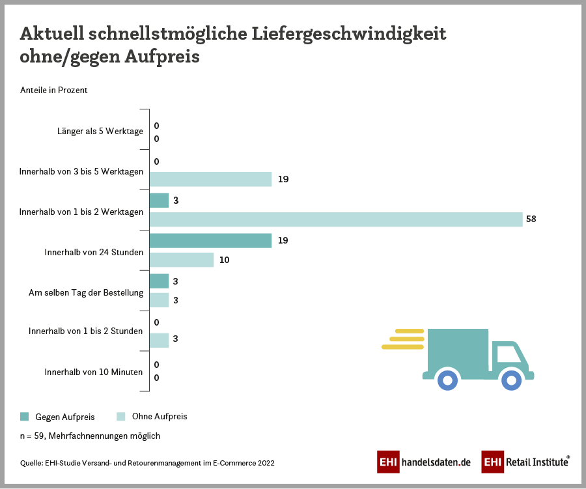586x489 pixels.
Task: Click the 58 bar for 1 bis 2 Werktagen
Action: pos(336,219)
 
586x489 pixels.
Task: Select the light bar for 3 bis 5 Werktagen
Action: pos(210,179)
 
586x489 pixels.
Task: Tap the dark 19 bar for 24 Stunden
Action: pos(210,240)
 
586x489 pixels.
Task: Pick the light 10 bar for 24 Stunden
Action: pos(182,260)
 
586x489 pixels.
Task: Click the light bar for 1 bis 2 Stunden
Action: pos(160,340)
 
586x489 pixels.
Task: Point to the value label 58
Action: pos(531,219)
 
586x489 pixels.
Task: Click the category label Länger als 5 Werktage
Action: pos(100,132)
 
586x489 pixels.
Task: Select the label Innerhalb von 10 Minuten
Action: pos(94,372)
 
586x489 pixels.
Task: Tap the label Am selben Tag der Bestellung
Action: pos(86,292)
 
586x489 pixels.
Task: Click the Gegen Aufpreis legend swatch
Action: pos(25,416)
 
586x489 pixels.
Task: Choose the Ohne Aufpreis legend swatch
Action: pos(120,416)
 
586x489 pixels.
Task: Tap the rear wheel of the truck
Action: pos(447,379)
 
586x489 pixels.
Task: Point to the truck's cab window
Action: pos(509,354)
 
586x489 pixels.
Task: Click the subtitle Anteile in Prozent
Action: pos(54,91)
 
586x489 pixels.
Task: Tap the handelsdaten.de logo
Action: pos(424,462)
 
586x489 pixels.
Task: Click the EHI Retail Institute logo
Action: pos(526,462)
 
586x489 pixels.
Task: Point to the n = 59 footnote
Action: pos(90,436)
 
